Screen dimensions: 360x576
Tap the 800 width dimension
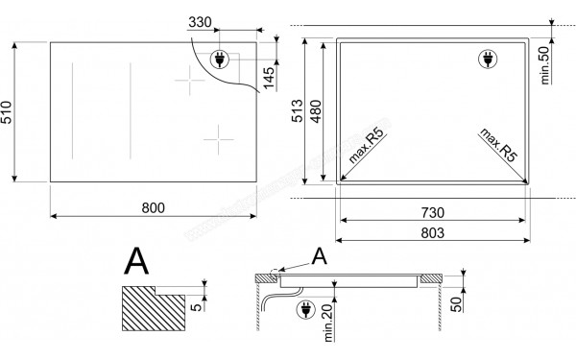(153, 208)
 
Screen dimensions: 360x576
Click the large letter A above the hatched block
(138, 261)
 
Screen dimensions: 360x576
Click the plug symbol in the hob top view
(219, 57)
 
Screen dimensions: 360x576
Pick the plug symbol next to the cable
(309, 311)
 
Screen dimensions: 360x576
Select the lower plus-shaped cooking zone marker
(219, 136)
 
